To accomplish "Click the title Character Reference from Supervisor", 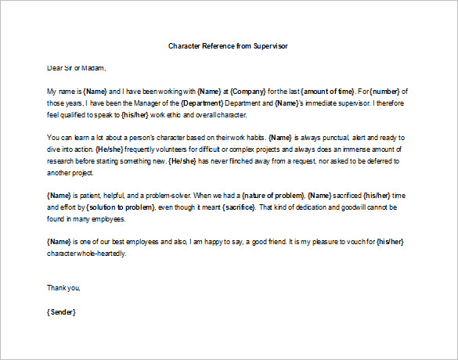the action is pos(229,45).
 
